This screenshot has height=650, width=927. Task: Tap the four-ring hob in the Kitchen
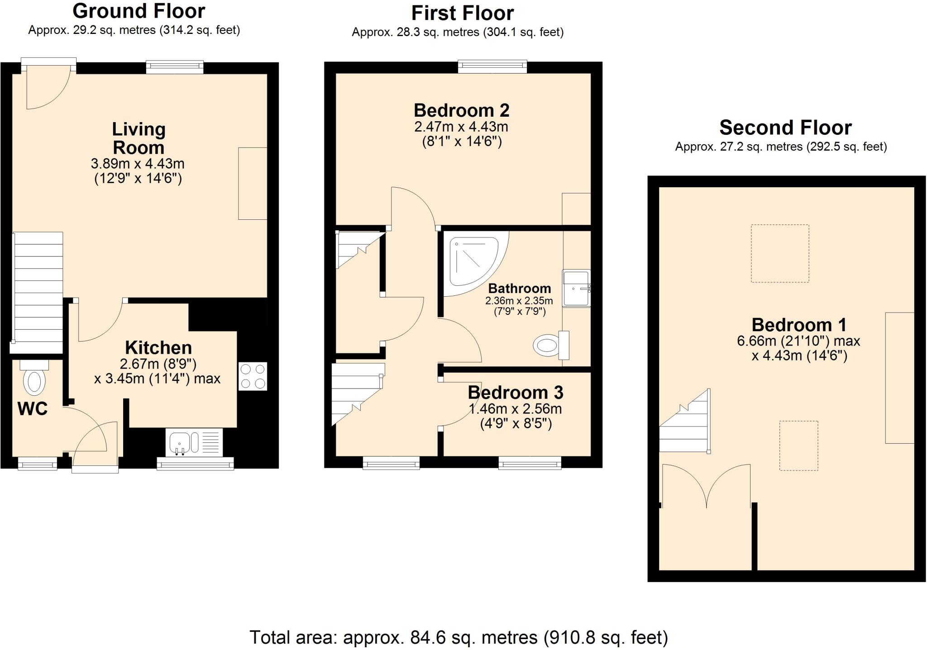click(253, 376)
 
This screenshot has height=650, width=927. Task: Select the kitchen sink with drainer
click(195, 442)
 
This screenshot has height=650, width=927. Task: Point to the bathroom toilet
click(550, 346)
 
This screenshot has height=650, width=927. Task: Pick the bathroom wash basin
click(576, 288)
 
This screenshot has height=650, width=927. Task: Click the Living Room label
click(139, 138)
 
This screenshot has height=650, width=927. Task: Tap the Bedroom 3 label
click(515, 393)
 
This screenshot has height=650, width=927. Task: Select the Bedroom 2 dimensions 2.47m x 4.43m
click(461, 127)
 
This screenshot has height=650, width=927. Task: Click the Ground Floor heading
click(139, 11)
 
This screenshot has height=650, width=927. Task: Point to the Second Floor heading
click(785, 128)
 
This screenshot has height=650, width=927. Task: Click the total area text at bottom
click(458, 637)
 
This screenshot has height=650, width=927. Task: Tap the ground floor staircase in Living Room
click(38, 289)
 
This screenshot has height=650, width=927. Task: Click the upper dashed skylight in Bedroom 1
click(779, 253)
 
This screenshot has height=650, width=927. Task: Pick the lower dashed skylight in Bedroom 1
click(798, 446)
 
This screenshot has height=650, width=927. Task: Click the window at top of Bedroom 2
click(492, 67)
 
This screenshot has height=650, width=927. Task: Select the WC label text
click(32, 409)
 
